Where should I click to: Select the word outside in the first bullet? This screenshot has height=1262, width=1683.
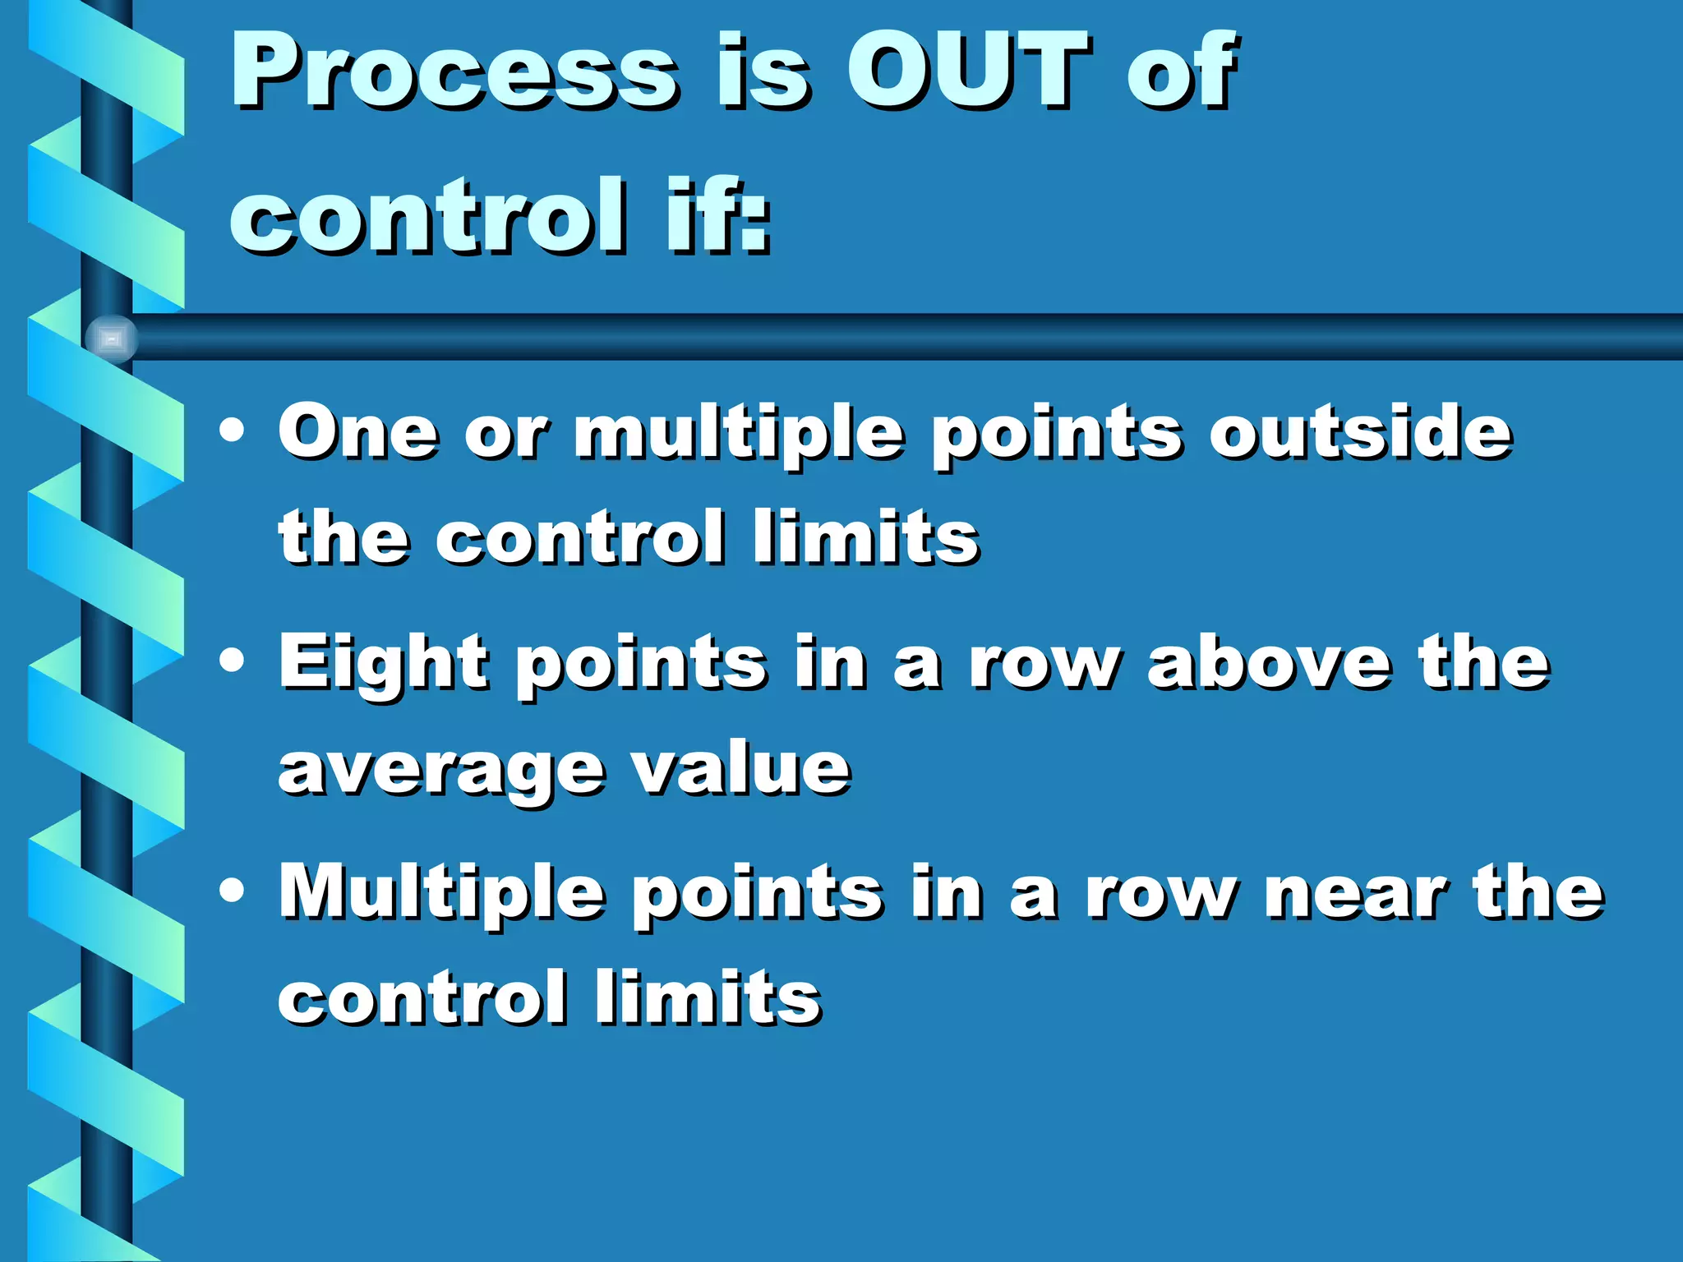[1360, 432]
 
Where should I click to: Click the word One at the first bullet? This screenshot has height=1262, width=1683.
[357, 432]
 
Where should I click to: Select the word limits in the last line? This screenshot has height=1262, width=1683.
[708, 998]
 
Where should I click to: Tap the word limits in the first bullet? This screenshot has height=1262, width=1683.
[866, 537]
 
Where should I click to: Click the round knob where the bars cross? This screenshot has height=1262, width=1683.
[111, 338]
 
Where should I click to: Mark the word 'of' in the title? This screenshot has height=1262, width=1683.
[1180, 72]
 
